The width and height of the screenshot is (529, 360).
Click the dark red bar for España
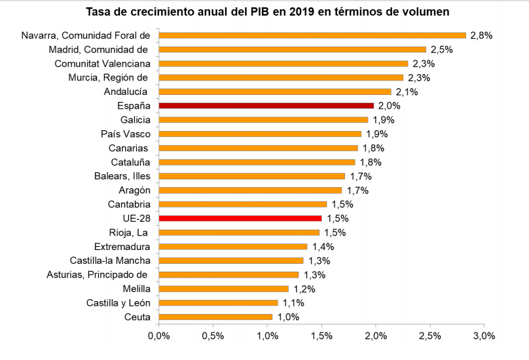(266, 105)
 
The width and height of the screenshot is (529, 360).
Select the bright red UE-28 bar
(240, 218)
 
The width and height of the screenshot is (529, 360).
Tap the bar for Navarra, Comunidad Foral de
(312, 35)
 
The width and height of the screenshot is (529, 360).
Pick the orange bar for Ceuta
(215, 317)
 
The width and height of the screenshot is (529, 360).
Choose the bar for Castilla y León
(218, 302)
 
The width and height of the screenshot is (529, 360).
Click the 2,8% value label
(481, 35)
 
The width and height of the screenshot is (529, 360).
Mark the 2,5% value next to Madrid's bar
(441, 49)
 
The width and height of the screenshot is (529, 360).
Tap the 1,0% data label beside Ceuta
(287, 317)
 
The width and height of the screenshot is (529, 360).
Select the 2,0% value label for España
(389, 105)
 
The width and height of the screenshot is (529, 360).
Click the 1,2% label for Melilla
(303, 289)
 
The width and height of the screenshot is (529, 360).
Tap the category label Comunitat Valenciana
(103, 63)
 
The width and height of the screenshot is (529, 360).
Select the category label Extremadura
(122, 246)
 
